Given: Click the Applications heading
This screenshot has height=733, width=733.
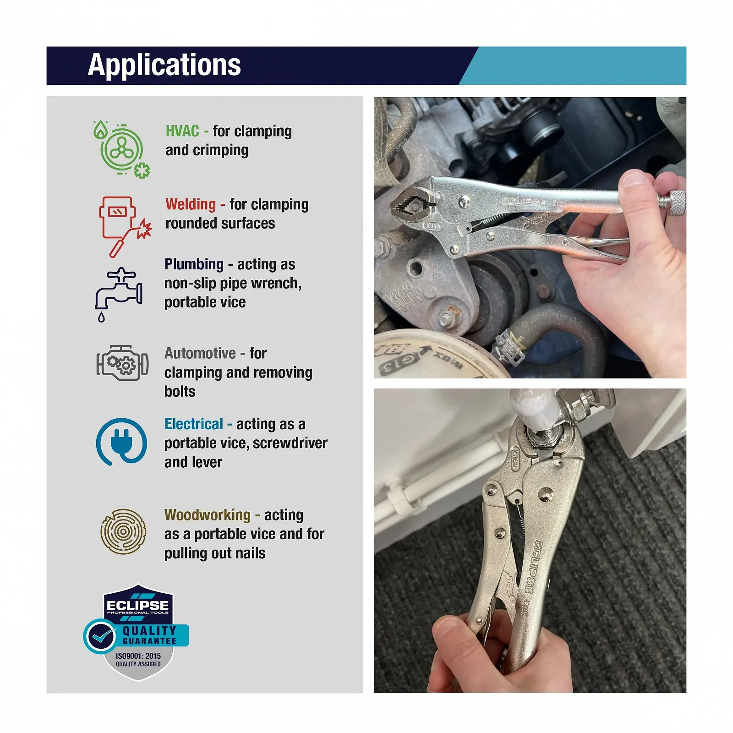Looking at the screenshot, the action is [164, 65].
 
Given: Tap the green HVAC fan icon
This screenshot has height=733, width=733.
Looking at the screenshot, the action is [122, 149].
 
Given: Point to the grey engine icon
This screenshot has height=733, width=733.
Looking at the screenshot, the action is [122, 363].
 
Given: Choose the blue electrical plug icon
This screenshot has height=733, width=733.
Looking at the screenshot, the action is [121, 442].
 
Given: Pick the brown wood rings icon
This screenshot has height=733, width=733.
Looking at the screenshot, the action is [123, 531].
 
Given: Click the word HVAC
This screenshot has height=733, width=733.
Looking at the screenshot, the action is [182, 131].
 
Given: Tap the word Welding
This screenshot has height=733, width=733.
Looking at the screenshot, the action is [191, 204].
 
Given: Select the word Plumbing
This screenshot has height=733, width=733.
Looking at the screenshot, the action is [194, 265].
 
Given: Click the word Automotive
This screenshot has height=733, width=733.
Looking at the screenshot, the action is [200, 353].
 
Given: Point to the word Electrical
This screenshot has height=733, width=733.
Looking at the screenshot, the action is [194, 424].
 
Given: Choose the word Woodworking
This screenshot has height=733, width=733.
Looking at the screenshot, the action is [208, 515].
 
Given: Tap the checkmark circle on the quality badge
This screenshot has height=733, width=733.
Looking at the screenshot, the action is [100, 636].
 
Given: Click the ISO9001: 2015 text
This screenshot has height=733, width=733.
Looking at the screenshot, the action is [138, 656].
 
